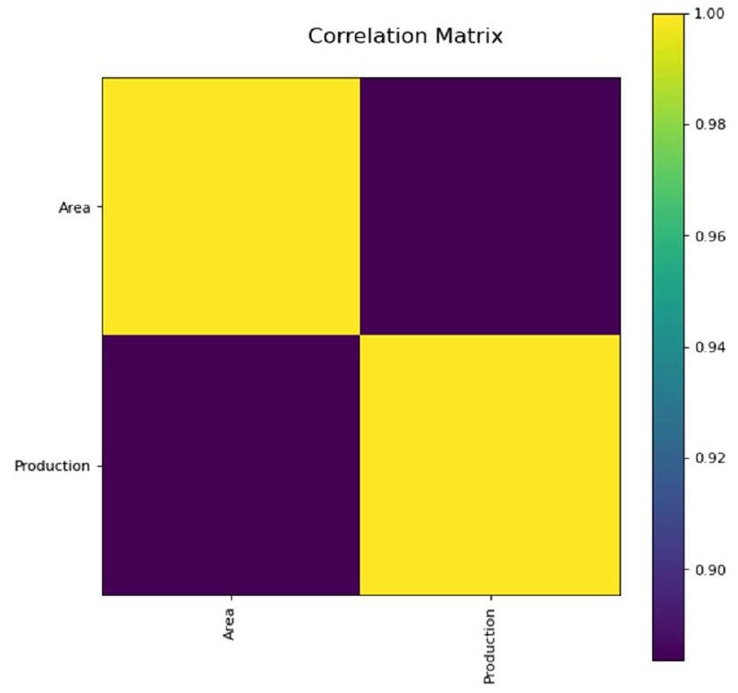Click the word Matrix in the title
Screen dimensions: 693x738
click(469, 36)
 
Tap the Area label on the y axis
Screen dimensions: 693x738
click(74, 209)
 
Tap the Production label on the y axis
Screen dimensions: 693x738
click(52, 466)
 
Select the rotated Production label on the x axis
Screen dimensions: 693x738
click(490, 645)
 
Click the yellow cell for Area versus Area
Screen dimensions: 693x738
click(231, 206)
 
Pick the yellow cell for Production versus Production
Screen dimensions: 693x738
click(490, 465)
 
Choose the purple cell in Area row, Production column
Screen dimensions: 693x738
click(490, 206)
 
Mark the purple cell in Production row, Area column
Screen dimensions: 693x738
click(231, 465)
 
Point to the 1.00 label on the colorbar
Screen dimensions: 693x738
click(710, 14)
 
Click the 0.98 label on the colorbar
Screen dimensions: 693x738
click(710, 125)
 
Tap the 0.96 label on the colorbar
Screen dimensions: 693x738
click(710, 236)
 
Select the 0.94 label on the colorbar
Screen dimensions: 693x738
click(710, 347)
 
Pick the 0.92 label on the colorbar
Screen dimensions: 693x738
click(710, 458)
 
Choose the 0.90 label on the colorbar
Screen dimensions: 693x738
click(710, 570)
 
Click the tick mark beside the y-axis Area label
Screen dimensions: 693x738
click(99, 208)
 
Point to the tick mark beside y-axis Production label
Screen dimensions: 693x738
click(99, 466)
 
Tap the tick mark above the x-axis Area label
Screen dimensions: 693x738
click(231, 598)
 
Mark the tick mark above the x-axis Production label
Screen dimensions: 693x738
click(490, 598)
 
